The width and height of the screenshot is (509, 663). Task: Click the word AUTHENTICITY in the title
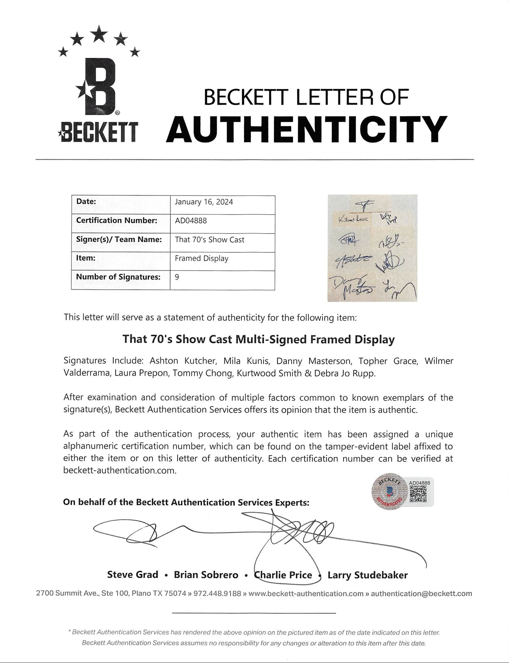click(x=306, y=129)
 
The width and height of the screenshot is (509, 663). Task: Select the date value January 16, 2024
click(x=204, y=202)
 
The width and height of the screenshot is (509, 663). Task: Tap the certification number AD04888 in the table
click(x=191, y=221)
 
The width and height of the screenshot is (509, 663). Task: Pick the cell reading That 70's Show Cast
click(x=210, y=240)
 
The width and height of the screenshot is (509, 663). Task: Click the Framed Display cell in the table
click(x=202, y=259)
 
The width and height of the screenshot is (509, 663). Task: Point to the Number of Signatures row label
click(x=118, y=277)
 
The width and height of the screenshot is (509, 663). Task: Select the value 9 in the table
click(x=177, y=277)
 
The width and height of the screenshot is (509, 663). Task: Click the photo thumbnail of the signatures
click(x=372, y=248)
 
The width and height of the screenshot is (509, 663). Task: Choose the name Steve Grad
click(x=133, y=575)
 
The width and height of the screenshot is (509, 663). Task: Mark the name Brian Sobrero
click(x=206, y=575)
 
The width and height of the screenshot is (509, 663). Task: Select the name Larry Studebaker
click(x=367, y=575)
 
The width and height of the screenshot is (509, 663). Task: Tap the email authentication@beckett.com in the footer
click(x=421, y=593)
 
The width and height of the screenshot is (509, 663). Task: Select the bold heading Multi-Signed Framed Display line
click(x=258, y=339)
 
